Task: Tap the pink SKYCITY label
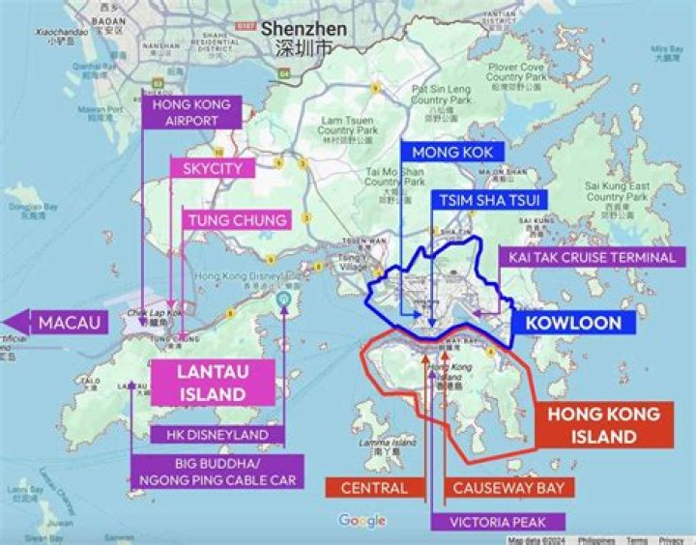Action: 212,168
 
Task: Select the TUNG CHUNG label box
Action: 237,220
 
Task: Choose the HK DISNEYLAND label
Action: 217,435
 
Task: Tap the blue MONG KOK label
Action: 451,153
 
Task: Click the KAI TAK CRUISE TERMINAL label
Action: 587,257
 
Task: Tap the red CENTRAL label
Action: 374,488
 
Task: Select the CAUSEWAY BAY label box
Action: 507,488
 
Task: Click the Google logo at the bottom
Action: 362,521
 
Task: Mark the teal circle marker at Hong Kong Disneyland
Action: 283,301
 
